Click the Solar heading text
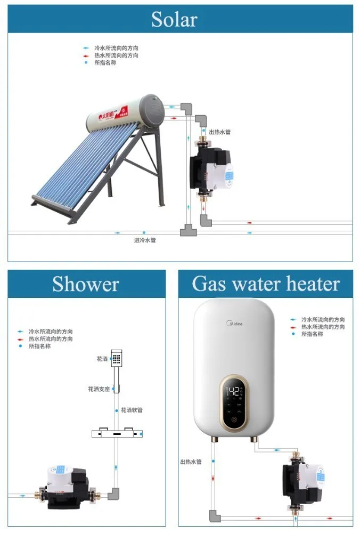pyautogui.click(x=174, y=20)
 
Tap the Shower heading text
pyautogui.click(x=85, y=284)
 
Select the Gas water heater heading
pyautogui.click(x=265, y=284)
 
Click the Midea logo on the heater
pyautogui.click(x=235, y=323)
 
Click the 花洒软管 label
pyautogui.click(x=132, y=410)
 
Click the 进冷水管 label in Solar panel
pyautogui.click(x=144, y=240)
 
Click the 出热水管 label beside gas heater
pyautogui.click(x=191, y=462)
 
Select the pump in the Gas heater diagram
pyautogui.click(x=301, y=482)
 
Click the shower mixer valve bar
pyautogui.click(x=117, y=434)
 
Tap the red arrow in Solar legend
pyautogui.click(x=85, y=55)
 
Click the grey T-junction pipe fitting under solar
pyautogui.click(x=188, y=230)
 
